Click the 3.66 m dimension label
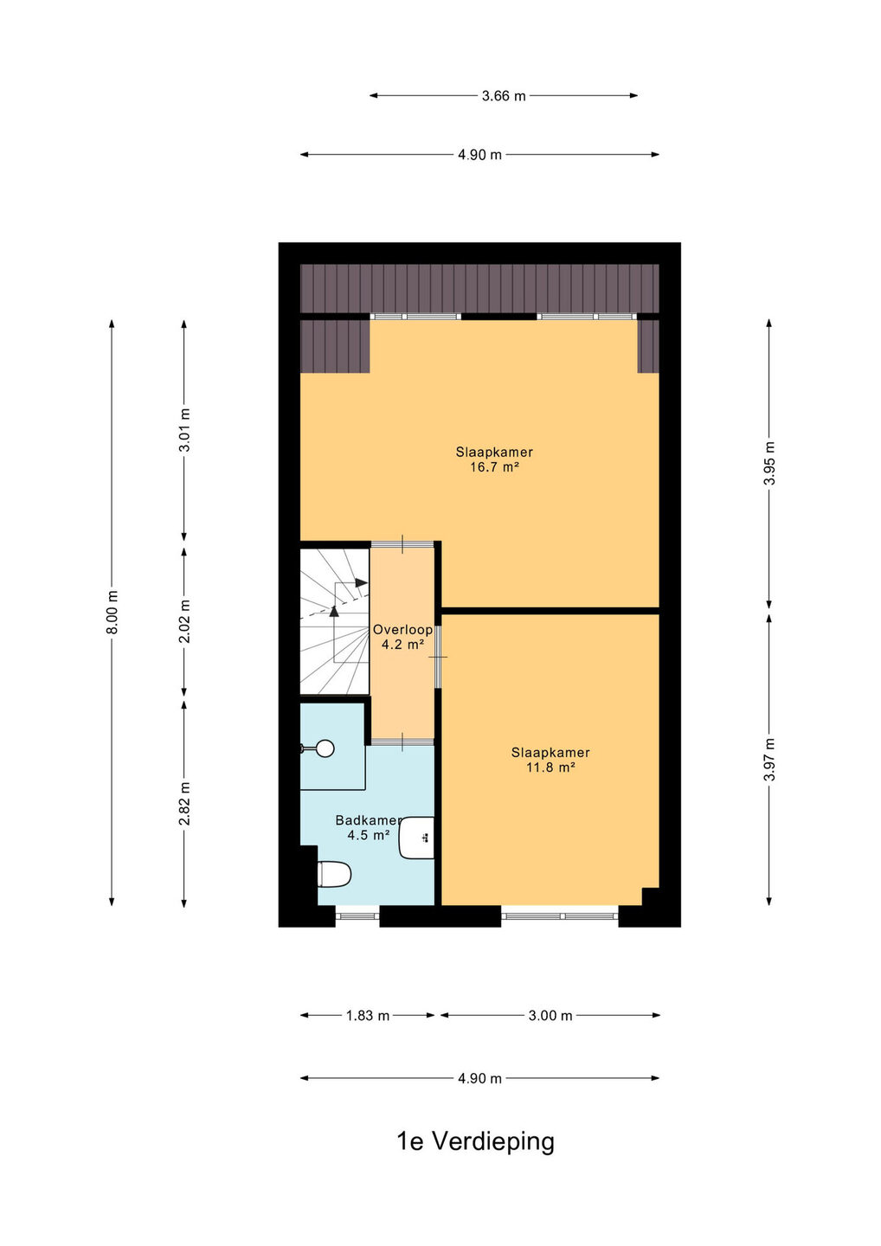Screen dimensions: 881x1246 point(504,96)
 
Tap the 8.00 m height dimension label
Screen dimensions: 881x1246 point(113,612)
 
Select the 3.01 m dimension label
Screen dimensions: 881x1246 point(184,430)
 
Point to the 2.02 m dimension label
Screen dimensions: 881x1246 point(184,620)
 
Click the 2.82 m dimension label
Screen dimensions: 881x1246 point(184,803)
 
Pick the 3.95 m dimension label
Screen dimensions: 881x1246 point(769,464)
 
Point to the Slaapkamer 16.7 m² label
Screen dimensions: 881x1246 point(494,459)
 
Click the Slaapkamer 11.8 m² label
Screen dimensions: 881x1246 point(550,760)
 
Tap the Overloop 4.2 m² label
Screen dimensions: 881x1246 point(402,637)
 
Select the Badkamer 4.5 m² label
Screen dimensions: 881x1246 point(368,827)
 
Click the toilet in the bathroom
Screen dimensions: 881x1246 point(334,874)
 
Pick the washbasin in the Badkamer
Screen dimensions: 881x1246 point(416,838)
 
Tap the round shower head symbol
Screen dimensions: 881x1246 point(325,748)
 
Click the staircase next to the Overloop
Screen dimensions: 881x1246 point(334,621)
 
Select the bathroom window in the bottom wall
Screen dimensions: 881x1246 point(357,915)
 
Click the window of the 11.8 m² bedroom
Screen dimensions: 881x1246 point(560,915)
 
